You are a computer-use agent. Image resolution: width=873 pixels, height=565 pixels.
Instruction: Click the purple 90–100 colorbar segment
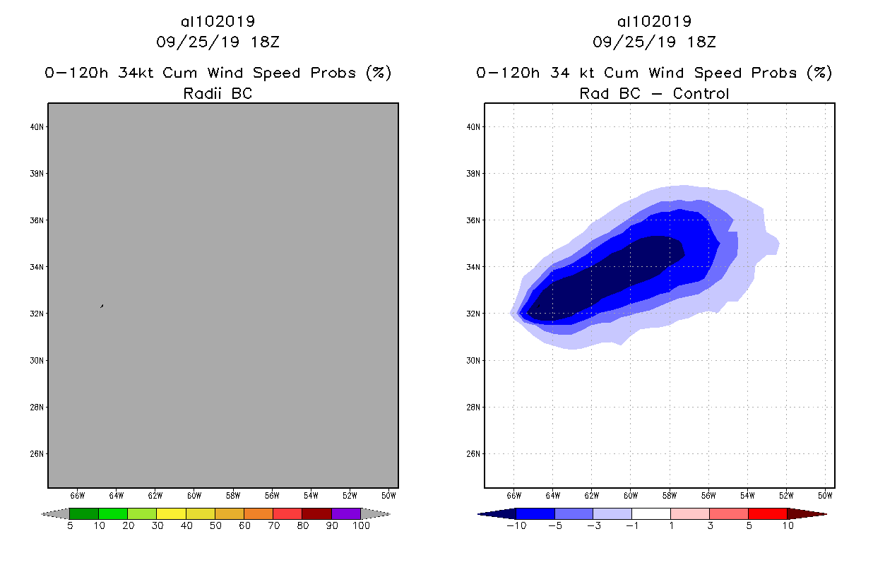pyautogui.click(x=346, y=513)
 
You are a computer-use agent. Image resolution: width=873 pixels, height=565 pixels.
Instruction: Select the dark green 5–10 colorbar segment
pyautogui.click(x=84, y=513)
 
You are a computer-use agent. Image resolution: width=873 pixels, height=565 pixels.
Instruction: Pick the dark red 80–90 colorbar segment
pyautogui.click(x=316, y=513)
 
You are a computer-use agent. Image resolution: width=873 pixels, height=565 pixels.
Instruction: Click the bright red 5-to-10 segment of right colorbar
pyautogui.click(x=766, y=513)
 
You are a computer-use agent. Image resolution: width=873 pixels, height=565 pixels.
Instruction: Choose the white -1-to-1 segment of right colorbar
pyautogui.click(x=651, y=513)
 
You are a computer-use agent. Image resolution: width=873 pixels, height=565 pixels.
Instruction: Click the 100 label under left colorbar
pyautogui.click(x=361, y=525)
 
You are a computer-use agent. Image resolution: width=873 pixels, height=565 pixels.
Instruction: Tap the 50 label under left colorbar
pyautogui.click(x=215, y=525)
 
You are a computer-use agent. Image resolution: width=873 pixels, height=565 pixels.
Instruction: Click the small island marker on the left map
pyautogui.click(x=102, y=306)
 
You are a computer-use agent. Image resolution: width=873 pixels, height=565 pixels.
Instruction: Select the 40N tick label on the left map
pyautogui.click(x=37, y=127)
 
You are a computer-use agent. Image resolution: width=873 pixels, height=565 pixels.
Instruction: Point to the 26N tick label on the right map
pyautogui.click(x=474, y=453)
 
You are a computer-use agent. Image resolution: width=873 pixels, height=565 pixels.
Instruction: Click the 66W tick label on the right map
pyautogui.click(x=514, y=495)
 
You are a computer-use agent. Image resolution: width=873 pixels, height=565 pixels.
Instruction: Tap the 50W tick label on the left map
pyautogui.click(x=388, y=495)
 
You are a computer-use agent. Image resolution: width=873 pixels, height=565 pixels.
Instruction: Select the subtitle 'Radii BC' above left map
pyautogui.click(x=218, y=93)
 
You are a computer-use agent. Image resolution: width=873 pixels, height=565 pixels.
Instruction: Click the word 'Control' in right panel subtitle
pyautogui.click(x=701, y=93)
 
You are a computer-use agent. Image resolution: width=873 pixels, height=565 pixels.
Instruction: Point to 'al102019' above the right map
pyautogui.click(x=654, y=21)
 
